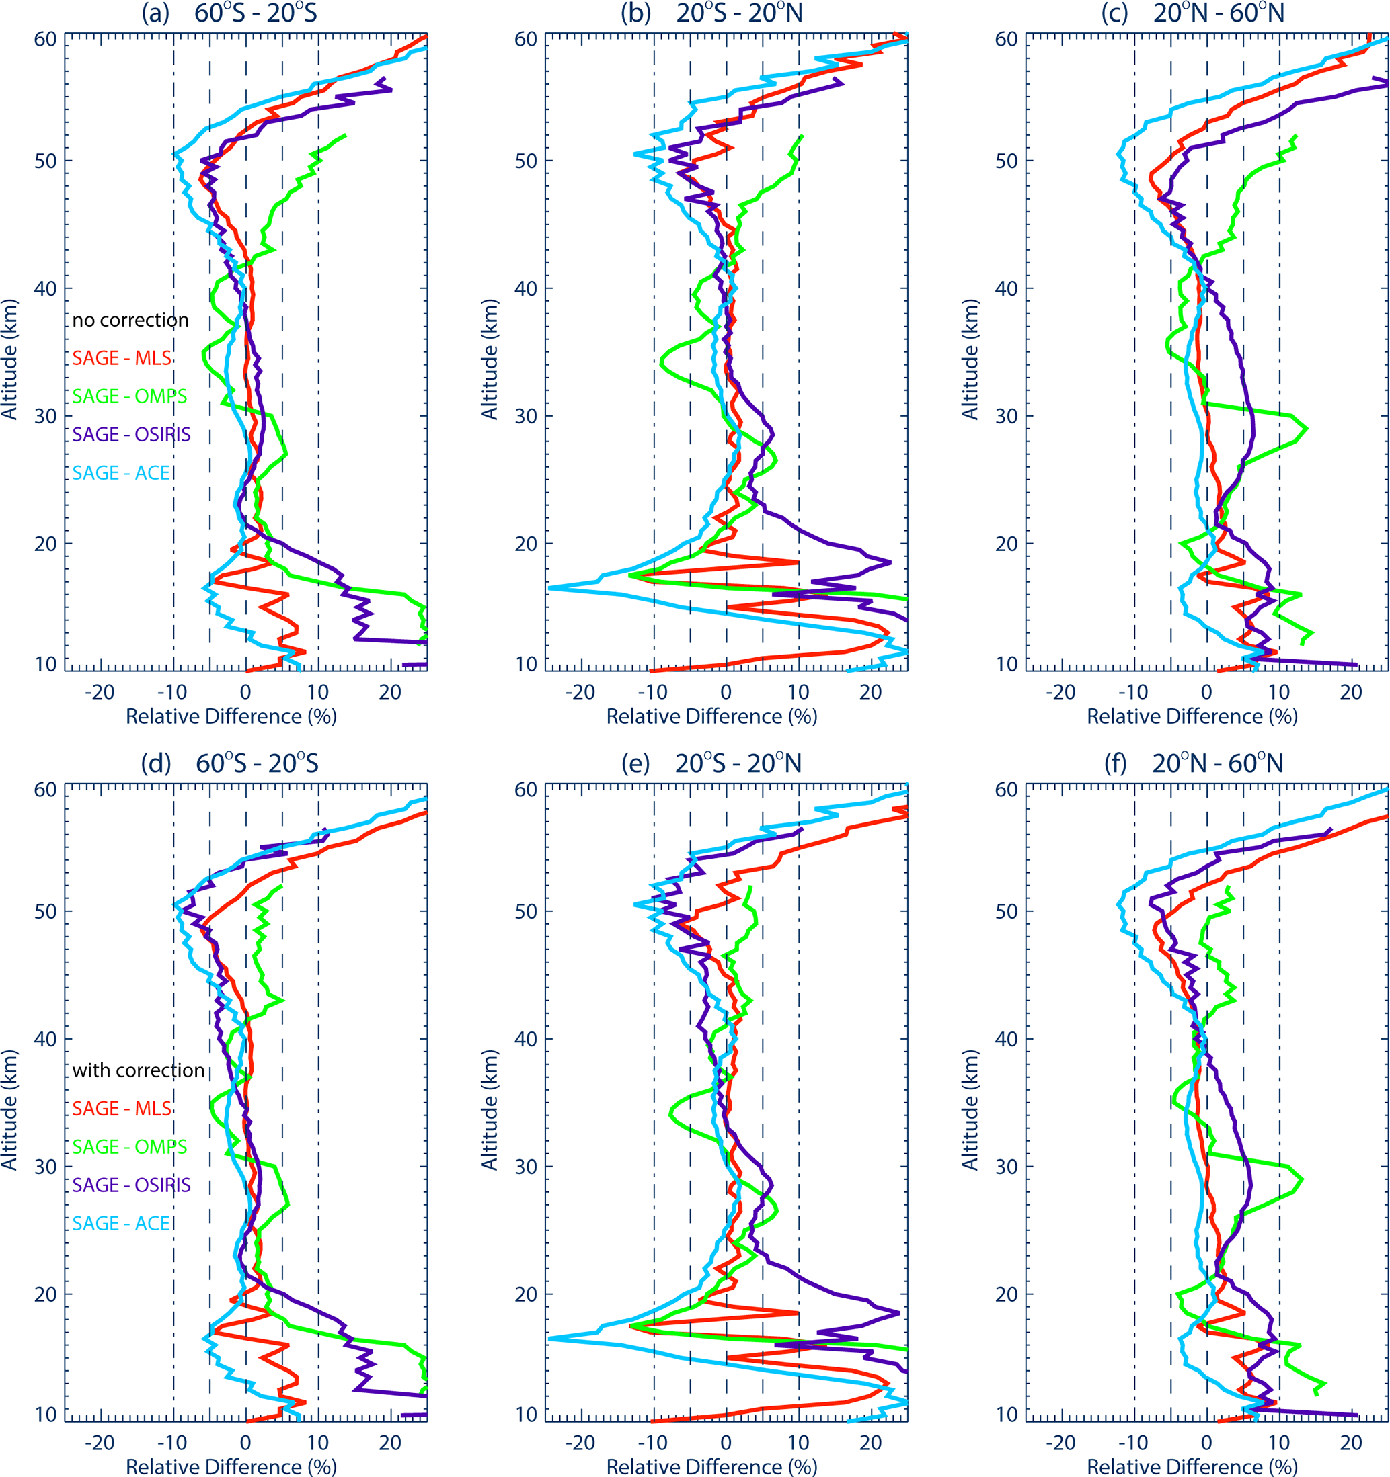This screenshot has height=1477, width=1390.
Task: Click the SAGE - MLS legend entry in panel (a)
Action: (121, 358)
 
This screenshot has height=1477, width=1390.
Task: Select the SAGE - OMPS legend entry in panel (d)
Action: (129, 1146)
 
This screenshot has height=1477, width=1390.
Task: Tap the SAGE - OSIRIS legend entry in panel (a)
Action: (131, 435)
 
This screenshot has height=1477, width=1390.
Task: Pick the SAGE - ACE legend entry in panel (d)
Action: (121, 1223)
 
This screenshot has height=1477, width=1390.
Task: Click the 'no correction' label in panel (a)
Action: (130, 321)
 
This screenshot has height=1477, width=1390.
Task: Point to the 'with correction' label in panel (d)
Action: (139, 1070)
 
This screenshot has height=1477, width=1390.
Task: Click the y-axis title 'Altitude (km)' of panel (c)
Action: (970, 359)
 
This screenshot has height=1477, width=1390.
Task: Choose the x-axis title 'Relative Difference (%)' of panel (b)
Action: (711, 716)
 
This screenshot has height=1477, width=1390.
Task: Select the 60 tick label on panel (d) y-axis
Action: (45, 789)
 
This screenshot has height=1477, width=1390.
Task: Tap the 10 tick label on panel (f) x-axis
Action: (1278, 1443)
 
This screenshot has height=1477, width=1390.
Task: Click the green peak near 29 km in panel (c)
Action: (1306, 429)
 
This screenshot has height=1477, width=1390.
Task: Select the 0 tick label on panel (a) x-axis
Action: (246, 692)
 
